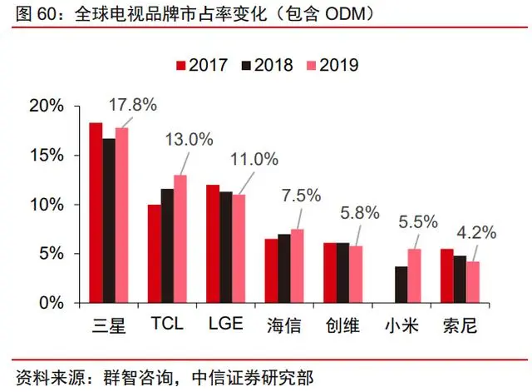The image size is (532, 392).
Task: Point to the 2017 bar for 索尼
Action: [447, 276]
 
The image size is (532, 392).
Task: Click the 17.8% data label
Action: [132, 106]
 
